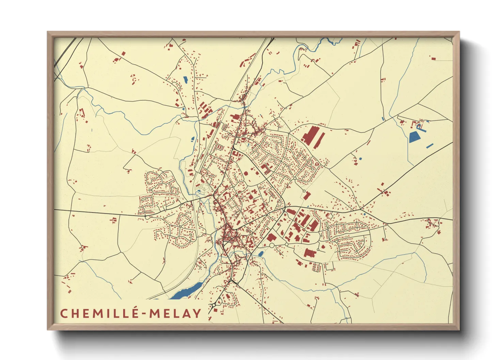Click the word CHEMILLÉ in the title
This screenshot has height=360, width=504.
[x=99, y=313]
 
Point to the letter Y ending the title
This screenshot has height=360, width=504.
[x=197, y=313]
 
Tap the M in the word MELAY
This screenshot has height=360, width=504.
[x=155, y=313]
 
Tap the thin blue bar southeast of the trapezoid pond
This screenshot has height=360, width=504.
[x=430, y=146]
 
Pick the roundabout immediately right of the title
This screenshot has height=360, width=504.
[x=214, y=305]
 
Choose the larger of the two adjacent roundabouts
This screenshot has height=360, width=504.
[x=272, y=245]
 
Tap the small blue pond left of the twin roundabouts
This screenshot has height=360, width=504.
[x=261, y=253]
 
